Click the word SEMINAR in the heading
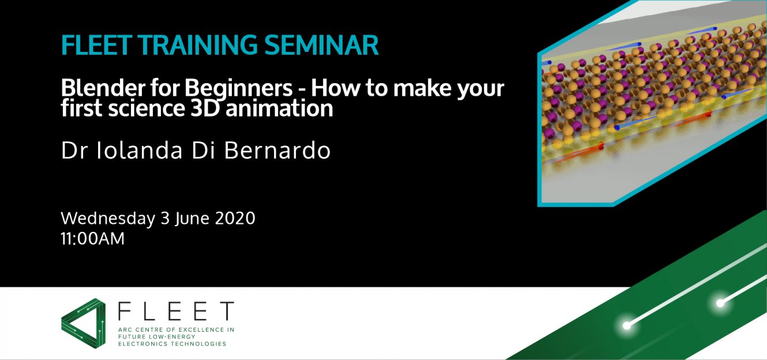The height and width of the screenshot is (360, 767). [x=322, y=45]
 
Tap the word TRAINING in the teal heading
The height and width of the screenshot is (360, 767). [x=198, y=45]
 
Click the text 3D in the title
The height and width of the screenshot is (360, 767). [x=205, y=108]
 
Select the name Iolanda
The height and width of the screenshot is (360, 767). [x=140, y=151]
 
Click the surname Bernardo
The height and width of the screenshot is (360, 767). [x=277, y=151]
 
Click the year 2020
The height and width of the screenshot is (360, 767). [x=235, y=218]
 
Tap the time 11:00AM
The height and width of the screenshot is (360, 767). [x=93, y=239]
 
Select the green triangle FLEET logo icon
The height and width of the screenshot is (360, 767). [x=83, y=323]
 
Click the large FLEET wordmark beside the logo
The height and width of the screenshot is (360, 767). [x=176, y=311]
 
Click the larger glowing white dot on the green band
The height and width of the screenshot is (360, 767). [x=627, y=326]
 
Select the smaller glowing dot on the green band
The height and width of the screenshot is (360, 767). [x=720, y=303]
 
